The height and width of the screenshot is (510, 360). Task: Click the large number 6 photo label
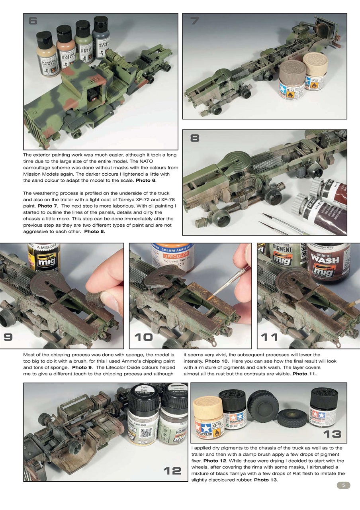click(33, 21)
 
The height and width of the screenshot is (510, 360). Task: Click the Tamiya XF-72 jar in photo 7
click(292, 79)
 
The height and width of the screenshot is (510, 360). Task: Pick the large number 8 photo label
click(195, 138)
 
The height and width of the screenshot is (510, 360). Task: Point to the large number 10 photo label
click(143, 337)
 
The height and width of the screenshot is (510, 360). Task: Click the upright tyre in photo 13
click(263, 406)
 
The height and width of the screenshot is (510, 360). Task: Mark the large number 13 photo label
click(332, 434)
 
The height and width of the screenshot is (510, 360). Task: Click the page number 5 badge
click(343, 485)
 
